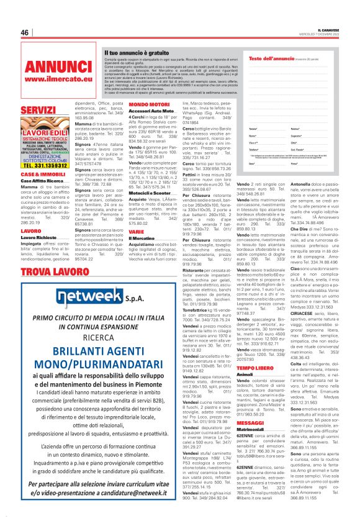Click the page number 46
pyautogui.click(x=25, y=32)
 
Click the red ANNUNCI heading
pyautogui.click(x=59, y=67)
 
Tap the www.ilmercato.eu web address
pyautogui.click(x=59, y=79)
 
